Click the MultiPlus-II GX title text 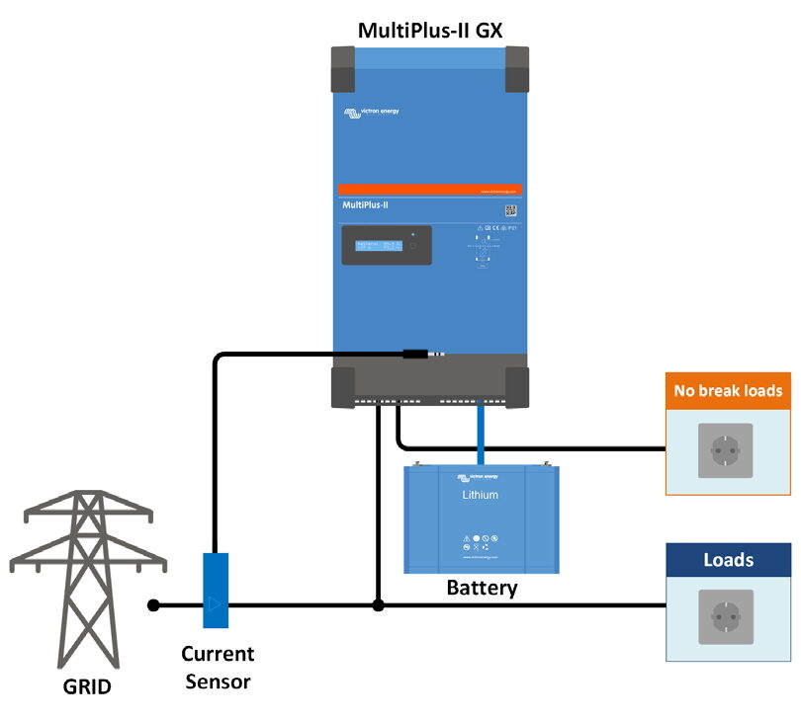click(430, 30)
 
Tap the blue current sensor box click(216, 591)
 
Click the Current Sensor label click(217, 664)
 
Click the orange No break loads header click(728, 390)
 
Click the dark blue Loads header click(728, 560)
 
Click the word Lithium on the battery click(481, 495)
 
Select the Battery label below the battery click(482, 589)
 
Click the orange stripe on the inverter click(429, 190)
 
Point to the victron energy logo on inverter click(371, 114)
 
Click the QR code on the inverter click(511, 209)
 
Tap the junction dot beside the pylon click(152, 604)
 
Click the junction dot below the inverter click(378, 604)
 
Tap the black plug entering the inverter click(413, 353)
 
